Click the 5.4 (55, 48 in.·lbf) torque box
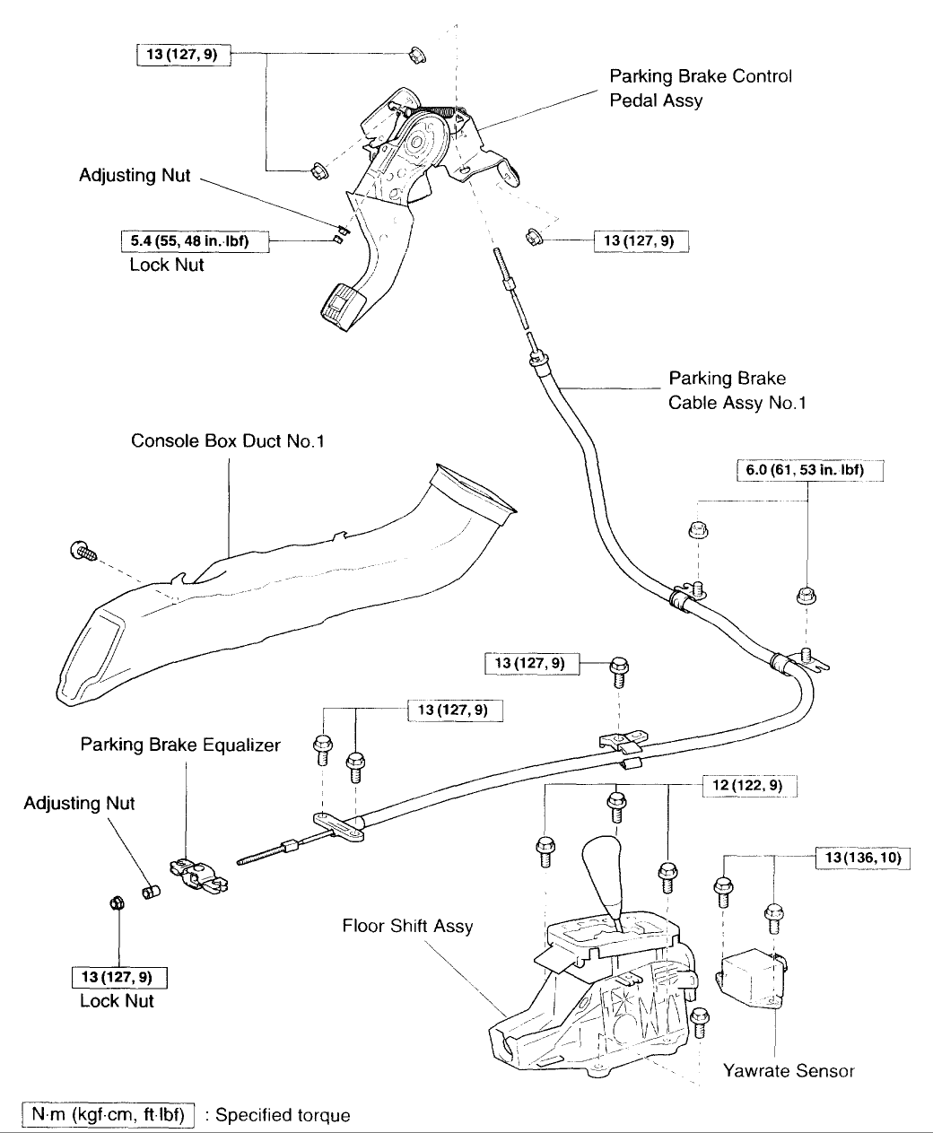(x=195, y=241)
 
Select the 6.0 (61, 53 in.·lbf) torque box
(x=810, y=470)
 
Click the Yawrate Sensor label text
(x=789, y=1070)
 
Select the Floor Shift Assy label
(x=407, y=925)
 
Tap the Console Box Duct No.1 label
(x=228, y=440)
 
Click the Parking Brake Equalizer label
(x=180, y=745)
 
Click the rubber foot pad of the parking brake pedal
(x=337, y=307)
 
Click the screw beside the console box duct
(x=83, y=551)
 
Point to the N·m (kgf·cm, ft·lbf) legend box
(x=108, y=1114)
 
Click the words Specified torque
(x=283, y=1115)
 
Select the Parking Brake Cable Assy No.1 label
(x=737, y=390)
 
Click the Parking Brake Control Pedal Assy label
(x=700, y=88)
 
